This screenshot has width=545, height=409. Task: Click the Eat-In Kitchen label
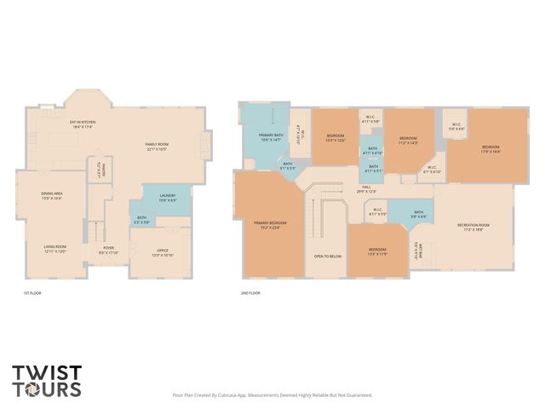point(83,124)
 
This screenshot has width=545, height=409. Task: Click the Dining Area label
point(53,196)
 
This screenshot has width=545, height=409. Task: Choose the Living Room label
point(54,249)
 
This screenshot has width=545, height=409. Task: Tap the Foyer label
point(108,251)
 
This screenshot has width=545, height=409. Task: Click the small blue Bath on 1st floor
point(141,220)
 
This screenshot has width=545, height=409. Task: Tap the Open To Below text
point(327,256)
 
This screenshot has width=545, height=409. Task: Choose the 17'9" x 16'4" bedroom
point(490,149)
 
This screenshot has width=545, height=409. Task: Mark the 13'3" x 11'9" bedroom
point(378,251)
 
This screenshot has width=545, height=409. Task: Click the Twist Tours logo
point(47,381)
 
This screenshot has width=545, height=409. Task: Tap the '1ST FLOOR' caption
point(32,293)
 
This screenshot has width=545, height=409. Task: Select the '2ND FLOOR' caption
point(250,293)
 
